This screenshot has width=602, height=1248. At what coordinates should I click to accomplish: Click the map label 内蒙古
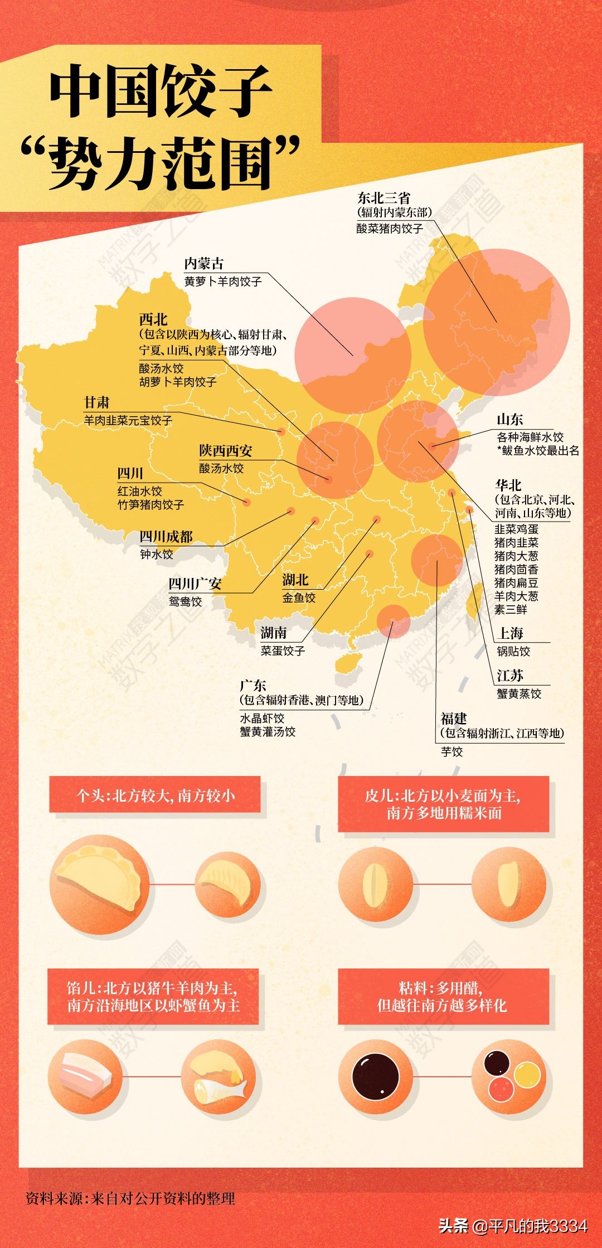tap(204, 263)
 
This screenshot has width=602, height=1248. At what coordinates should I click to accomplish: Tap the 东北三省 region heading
tap(383, 197)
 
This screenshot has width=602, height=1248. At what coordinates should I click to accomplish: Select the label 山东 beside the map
tap(509, 420)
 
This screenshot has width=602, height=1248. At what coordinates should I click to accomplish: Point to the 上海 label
tap(511, 633)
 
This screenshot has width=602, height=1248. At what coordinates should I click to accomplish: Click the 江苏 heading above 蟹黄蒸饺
tap(510, 676)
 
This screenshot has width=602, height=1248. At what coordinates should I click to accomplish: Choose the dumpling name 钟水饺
tap(157, 554)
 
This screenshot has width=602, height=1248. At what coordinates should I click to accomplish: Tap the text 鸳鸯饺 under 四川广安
tap(186, 601)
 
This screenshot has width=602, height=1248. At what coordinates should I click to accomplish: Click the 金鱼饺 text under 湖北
tap(299, 598)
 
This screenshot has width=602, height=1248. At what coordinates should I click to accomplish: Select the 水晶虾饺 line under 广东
tap(262, 718)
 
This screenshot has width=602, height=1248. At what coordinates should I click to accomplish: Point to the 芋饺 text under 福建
tap(452, 751)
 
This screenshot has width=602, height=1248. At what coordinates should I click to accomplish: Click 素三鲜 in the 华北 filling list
tap(511, 610)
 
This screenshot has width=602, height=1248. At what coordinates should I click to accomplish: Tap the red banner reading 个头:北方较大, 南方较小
tap(155, 795)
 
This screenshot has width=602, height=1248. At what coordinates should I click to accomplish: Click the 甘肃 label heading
tap(96, 402)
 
